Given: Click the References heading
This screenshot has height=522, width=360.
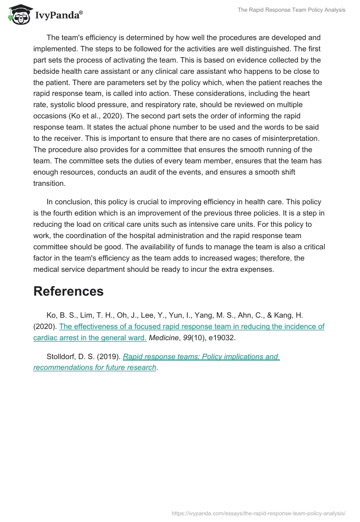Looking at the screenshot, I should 68,291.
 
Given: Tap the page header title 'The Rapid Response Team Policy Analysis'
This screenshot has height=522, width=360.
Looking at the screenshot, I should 291,10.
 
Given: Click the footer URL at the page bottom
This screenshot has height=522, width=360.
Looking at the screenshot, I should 259,513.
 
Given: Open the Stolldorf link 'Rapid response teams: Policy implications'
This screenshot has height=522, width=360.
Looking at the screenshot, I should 201,357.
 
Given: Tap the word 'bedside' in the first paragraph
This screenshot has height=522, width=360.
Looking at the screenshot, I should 45,71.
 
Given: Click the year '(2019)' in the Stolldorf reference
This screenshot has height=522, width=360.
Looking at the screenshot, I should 109,357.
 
